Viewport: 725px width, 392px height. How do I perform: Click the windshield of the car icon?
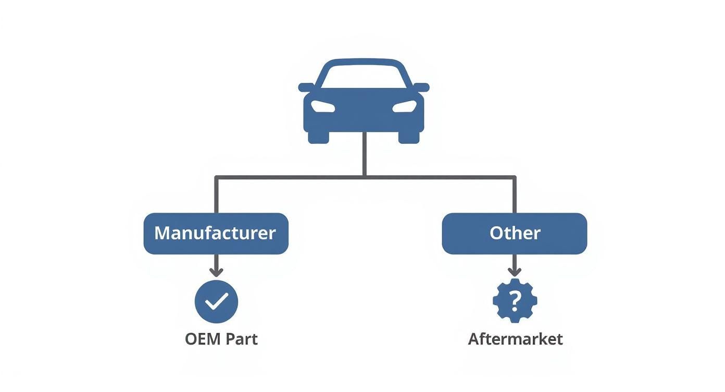364,76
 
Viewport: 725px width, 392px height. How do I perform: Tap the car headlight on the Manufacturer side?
323,106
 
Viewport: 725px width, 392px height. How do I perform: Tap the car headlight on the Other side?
404,106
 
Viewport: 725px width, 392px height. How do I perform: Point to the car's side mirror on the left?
306,87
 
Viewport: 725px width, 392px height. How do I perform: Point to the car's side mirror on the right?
421,87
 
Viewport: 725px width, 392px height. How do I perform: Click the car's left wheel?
318,137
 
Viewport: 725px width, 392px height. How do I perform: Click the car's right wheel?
409,137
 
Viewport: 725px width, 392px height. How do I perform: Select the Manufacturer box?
216,234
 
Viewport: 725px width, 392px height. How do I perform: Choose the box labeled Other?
514,234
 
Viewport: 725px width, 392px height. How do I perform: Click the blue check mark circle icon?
216,301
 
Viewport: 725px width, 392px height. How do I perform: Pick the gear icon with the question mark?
515,300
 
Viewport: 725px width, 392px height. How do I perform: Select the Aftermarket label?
515,339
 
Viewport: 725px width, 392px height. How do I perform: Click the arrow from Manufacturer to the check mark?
216,266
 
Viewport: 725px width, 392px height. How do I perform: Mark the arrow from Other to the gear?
515,266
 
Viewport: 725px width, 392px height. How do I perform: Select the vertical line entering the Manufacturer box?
216,195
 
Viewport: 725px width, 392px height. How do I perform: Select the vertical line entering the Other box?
515,195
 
